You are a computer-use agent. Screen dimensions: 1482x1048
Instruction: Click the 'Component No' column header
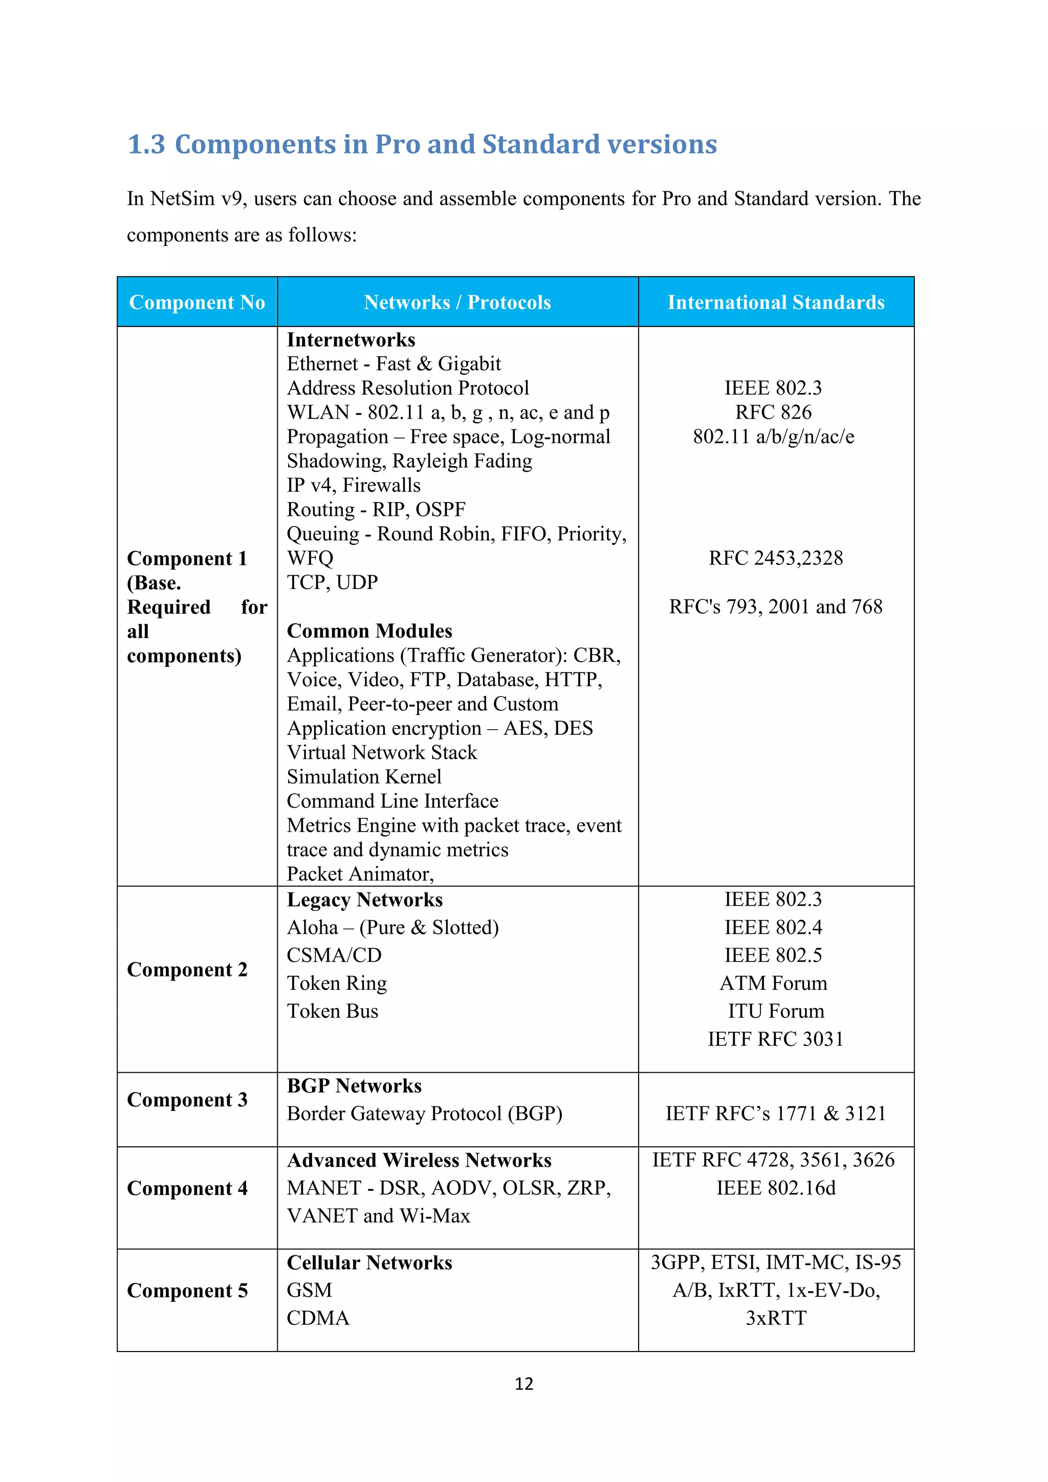(x=197, y=302)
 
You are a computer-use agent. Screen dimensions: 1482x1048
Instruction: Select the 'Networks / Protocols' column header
(x=457, y=302)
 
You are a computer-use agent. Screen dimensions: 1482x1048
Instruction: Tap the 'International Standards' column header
(x=776, y=302)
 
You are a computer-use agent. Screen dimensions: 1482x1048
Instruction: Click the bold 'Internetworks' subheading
(x=351, y=339)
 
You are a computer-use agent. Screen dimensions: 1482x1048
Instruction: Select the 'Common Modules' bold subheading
(x=369, y=630)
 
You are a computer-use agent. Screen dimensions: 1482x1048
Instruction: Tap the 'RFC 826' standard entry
(x=773, y=412)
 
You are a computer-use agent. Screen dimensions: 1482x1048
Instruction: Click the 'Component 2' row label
(x=187, y=970)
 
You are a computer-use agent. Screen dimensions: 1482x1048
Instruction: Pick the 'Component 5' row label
(x=187, y=1290)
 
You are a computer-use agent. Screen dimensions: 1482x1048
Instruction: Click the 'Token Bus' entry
(x=332, y=1011)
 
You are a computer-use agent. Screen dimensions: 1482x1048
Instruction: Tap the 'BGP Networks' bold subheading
(x=354, y=1086)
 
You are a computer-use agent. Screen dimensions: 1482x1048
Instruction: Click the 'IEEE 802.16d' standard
(x=776, y=1188)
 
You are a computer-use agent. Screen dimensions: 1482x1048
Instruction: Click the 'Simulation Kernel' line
(x=364, y=776)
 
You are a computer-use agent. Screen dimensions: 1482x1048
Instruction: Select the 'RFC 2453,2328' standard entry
(x=775, y=558)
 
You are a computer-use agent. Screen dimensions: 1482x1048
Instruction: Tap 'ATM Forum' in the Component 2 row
(x=773, y=983)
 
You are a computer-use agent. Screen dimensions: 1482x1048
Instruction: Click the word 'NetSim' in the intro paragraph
(x=182, y=199)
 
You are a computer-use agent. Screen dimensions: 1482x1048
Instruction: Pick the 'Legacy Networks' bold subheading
(x=365, y=900)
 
